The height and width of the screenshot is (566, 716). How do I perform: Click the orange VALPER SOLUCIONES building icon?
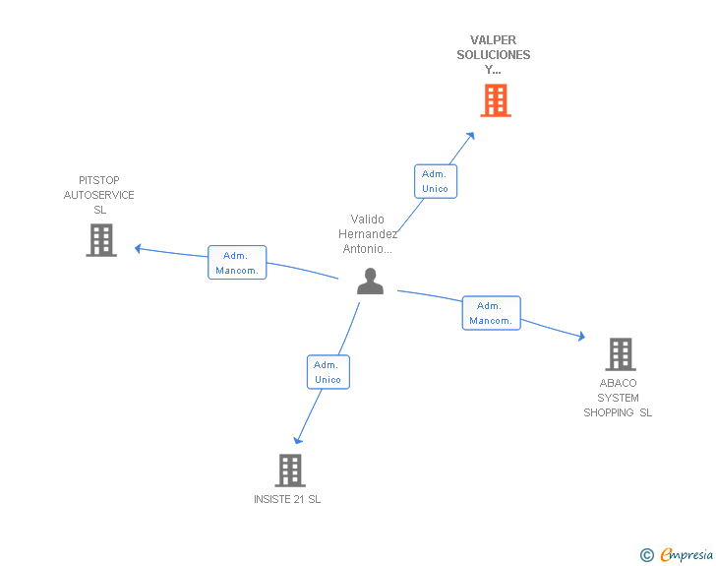496,100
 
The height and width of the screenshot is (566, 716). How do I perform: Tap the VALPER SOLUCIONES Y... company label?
494,55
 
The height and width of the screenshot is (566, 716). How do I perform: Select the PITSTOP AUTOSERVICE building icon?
101,240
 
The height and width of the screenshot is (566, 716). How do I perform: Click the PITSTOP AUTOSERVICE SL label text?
99,195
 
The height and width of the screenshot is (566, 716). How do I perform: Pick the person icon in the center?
370,282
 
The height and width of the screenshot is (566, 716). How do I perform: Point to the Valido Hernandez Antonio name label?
368,234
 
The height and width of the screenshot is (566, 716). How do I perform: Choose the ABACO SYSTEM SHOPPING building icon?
620,353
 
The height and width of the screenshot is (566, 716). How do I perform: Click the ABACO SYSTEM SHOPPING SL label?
618,398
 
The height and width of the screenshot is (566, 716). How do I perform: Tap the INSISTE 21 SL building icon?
290,470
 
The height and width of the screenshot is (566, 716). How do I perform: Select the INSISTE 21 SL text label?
287,499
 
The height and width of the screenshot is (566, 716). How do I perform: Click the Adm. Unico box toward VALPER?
435,181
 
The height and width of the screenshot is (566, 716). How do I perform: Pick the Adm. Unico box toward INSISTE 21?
328,372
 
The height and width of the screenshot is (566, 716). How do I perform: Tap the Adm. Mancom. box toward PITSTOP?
237,263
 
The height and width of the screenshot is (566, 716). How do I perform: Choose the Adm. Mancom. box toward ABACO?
491,313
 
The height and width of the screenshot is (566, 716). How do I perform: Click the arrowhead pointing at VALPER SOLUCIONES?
471,136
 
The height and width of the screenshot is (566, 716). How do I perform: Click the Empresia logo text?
686,554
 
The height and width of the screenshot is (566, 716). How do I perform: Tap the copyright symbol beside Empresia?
646,555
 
